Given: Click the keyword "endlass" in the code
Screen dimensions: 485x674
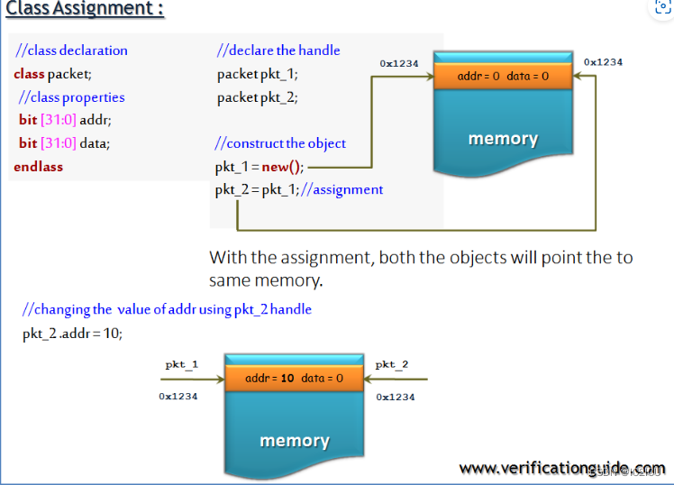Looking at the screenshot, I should tap(39, 167).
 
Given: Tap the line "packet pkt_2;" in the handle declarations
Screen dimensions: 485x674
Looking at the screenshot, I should tap(257, 97).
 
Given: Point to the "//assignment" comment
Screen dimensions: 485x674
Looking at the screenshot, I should tap(349, 189).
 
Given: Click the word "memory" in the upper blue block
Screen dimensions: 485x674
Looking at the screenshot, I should tap(503, 139).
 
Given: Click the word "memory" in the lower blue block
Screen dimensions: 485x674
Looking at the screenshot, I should tap(295, 441).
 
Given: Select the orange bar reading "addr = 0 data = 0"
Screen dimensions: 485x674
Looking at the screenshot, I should tap(503, 77).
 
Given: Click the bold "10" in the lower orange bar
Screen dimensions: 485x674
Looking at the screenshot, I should tap(287, 379).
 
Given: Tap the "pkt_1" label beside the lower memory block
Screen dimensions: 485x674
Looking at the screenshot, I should tap(181, 365).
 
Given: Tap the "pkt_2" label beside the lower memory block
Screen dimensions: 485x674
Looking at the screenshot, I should tap(392, 365).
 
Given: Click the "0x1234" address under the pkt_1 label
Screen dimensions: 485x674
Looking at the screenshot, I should tap(178, 396).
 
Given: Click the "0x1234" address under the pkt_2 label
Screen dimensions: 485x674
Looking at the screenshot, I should tap(396, 397).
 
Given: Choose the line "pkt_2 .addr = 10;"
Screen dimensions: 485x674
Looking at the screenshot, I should tap(72, 333).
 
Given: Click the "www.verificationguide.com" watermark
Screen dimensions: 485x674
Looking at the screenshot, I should tap(561, 468).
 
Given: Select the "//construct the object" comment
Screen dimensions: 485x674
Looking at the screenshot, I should tap(280, 143).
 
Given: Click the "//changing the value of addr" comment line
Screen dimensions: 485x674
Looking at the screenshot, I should tap(167, 309).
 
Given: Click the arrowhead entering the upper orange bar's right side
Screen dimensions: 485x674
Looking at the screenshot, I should tap(578, 77).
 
